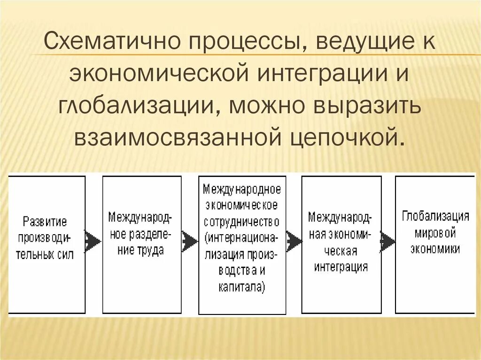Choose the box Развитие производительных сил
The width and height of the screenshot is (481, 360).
(47, 244)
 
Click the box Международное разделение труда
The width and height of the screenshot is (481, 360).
(142, 244)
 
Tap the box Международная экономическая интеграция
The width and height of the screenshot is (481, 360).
(341, 244)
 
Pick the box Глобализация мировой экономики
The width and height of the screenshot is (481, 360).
(435, 244)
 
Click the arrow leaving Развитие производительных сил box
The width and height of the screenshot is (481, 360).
(93, 241)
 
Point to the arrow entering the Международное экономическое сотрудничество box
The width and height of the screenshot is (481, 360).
(190, 241)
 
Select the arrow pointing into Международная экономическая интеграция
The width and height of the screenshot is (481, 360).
(294, 241)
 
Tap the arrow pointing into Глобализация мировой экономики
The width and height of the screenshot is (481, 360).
(388, 241)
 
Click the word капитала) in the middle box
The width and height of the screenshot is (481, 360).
(242, 287)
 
